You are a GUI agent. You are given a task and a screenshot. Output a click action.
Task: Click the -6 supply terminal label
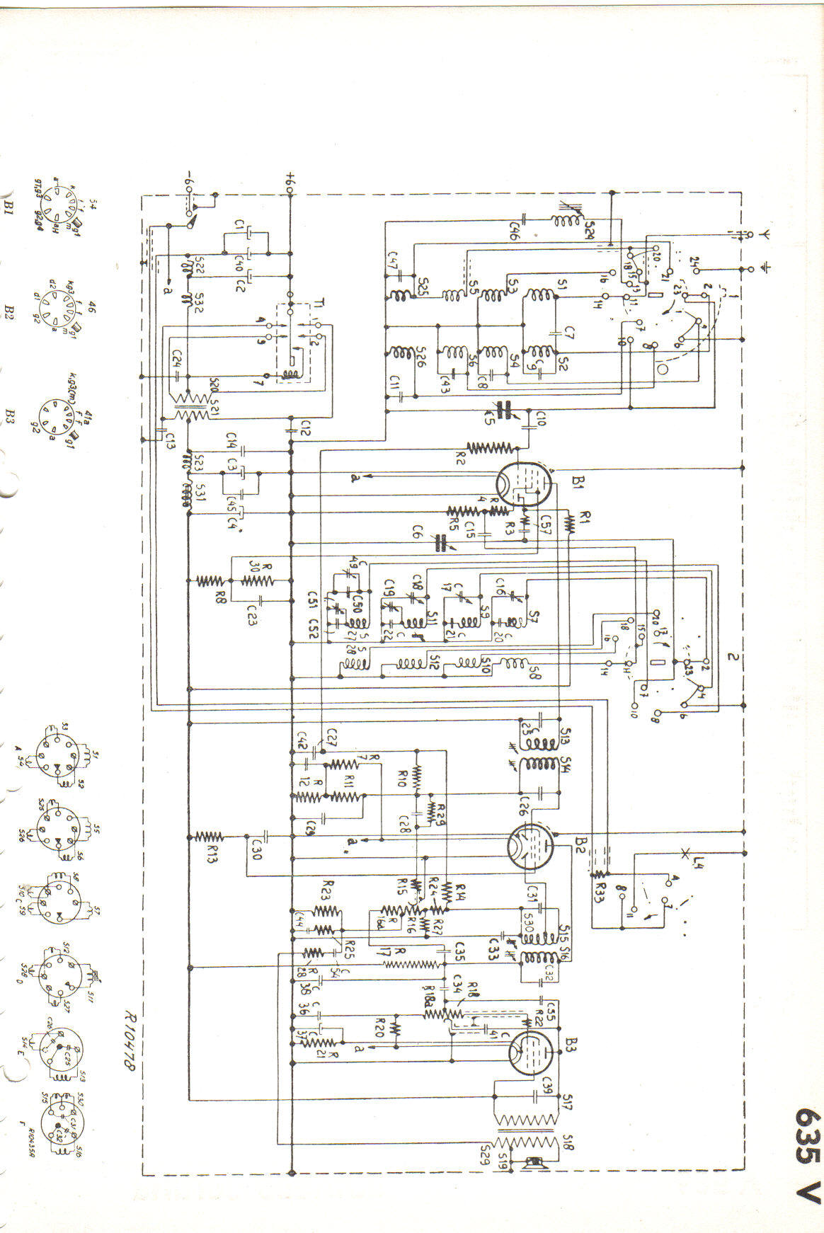click(189, 178)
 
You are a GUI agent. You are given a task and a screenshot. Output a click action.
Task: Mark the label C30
click(256, 849)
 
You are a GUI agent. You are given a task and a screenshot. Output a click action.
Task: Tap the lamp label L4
click(700, 863)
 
